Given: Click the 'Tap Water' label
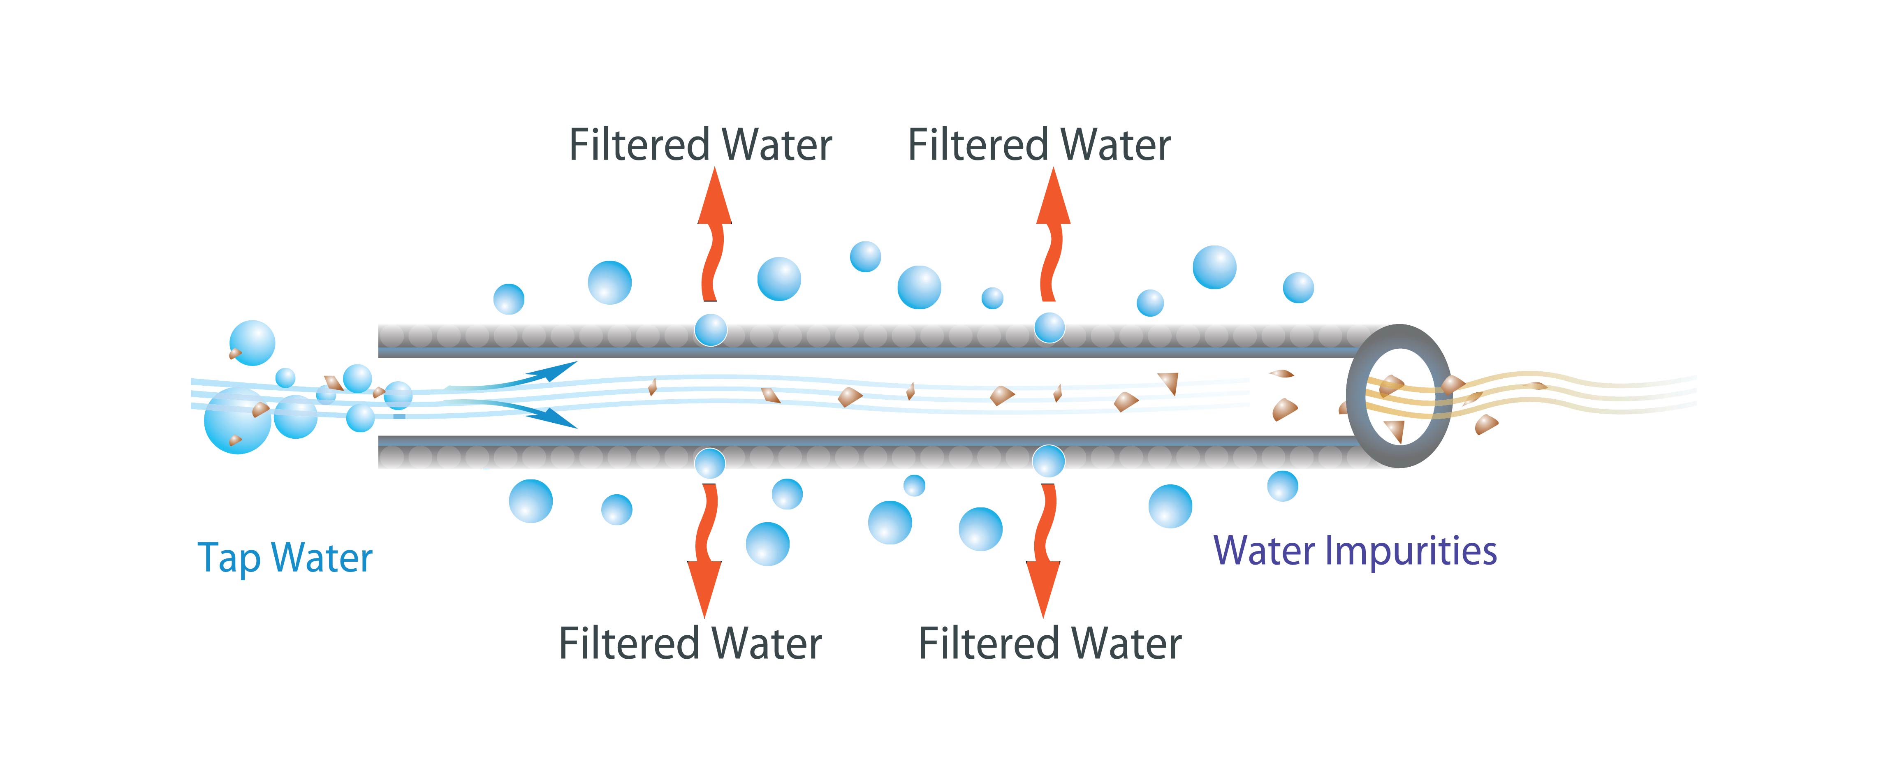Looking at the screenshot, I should pos(285,558).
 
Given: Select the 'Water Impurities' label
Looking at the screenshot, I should pos(1355,551).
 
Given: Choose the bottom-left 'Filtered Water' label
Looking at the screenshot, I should pos(690,643).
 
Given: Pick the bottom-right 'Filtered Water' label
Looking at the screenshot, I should pos(1050,643).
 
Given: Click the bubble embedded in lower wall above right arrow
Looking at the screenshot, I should pos(1048,461).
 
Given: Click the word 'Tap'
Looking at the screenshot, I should pos(229,558).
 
